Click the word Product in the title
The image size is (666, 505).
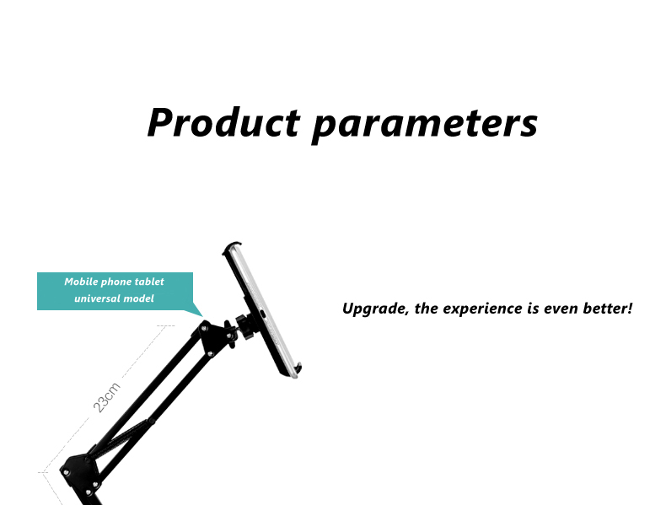pos(224,122)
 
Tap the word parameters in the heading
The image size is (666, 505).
pos(425,125)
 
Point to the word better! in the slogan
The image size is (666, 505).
pos(608,308)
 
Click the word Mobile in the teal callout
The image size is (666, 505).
pos(81,282)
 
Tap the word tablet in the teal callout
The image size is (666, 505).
pos(149,282)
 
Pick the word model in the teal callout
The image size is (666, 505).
pos(138,298)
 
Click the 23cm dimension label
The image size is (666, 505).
pos(106,398)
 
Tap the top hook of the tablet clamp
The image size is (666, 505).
pos(232,247)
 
